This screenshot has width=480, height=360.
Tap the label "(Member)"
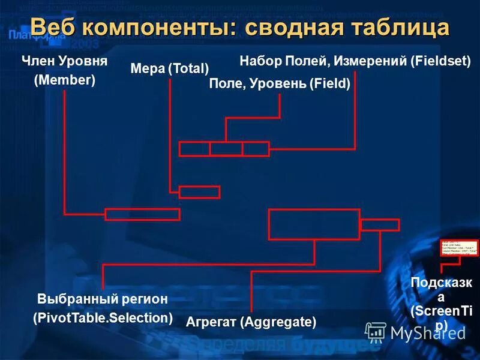pyautogui.click(x=65, y=80)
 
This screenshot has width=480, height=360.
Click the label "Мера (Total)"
pyautogui.click(x=170, y=68)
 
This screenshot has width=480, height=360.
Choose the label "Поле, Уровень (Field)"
pyautogui.click(x=280, y=84)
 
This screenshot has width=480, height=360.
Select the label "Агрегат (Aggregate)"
pyautogui.click(x=251, y=322)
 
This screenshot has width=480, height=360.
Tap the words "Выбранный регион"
pyautogui.click(x=103, y=299)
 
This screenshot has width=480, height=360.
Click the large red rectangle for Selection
pyautogui.click(x=314, y=224)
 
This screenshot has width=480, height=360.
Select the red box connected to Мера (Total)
pyautogui.click(x=199, y=192)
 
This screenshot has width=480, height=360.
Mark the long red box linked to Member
pyautogui.click(x=142, y=214)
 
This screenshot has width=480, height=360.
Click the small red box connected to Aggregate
pyautogui.click(x=380, y=225)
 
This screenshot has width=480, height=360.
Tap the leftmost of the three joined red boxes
pyautogui.click(x=194, y=149)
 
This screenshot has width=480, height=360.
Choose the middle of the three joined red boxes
pyautogui.click(x=226, y=149)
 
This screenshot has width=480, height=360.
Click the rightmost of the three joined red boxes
pyautogui.click(x=256, y=149)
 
